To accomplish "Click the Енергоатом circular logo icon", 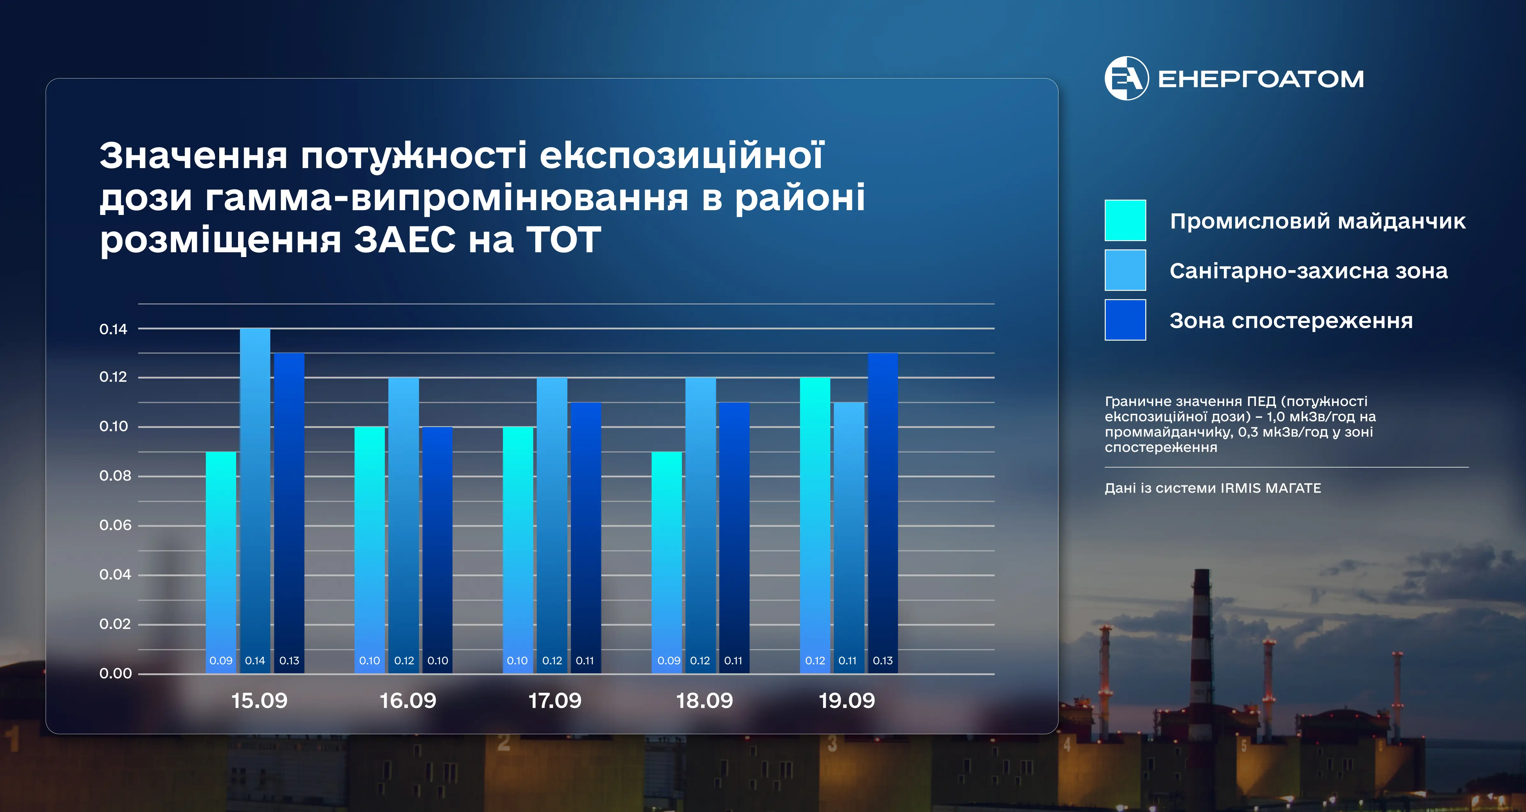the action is (x=1126, y=78).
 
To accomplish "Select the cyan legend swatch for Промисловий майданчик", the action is (x=1125, y=220).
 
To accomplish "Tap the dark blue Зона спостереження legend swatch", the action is (x=1125, y=320).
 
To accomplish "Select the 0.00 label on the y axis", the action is (x=116, y=673).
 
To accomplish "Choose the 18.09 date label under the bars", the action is (x=704, y=701).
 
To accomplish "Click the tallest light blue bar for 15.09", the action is (x=255, y=500).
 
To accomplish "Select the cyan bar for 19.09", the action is (x=815, y=525).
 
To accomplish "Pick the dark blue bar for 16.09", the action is (x=437, y=550).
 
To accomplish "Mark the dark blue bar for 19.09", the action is (x=883, y=513).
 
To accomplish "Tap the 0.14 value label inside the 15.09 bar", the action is (x=255, y=661).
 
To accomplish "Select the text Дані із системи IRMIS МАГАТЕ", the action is (x=1213, y=488).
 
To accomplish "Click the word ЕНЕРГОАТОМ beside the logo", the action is (x=1260, y=79).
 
